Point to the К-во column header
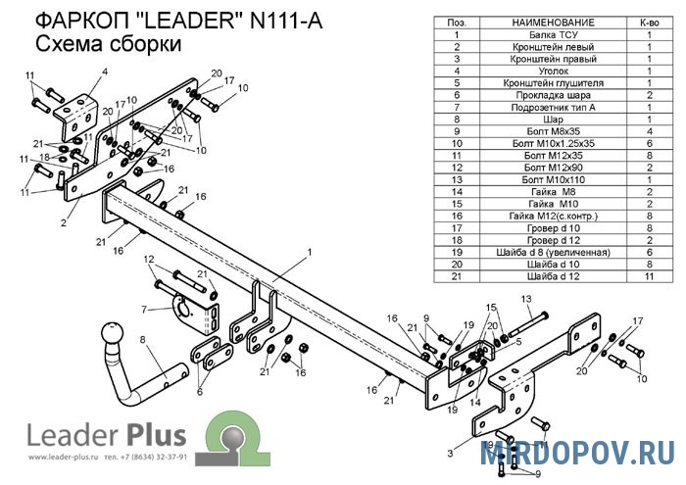pyautogui.click(x=649, y=22)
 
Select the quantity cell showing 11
pyautogui.click(x=649, y=275)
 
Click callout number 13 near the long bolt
pyautogui.click(x=525, y=299)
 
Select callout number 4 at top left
pyautogui.click(x=104, y=73)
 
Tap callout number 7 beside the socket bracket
pyautogui.click(x=143, y=310)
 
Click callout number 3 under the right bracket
pyautogui.click(x=449, y=454)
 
